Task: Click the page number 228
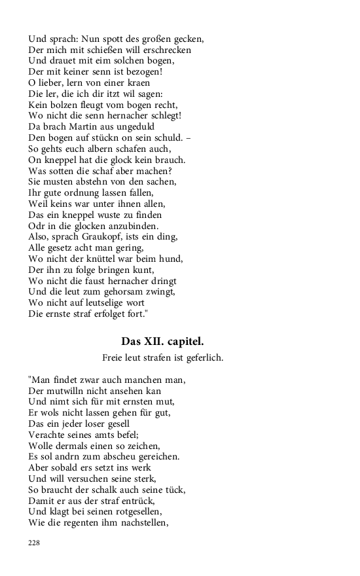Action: (34, 543)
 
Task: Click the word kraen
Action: (135, 82)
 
